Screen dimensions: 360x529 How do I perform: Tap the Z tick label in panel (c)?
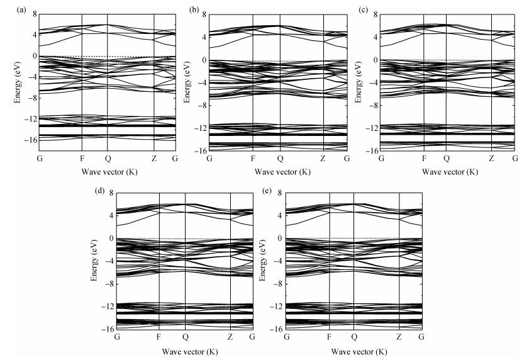pos(492,158)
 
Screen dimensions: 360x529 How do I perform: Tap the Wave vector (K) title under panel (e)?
pos(354,349)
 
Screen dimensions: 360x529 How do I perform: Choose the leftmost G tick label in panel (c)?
pos(381,158)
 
